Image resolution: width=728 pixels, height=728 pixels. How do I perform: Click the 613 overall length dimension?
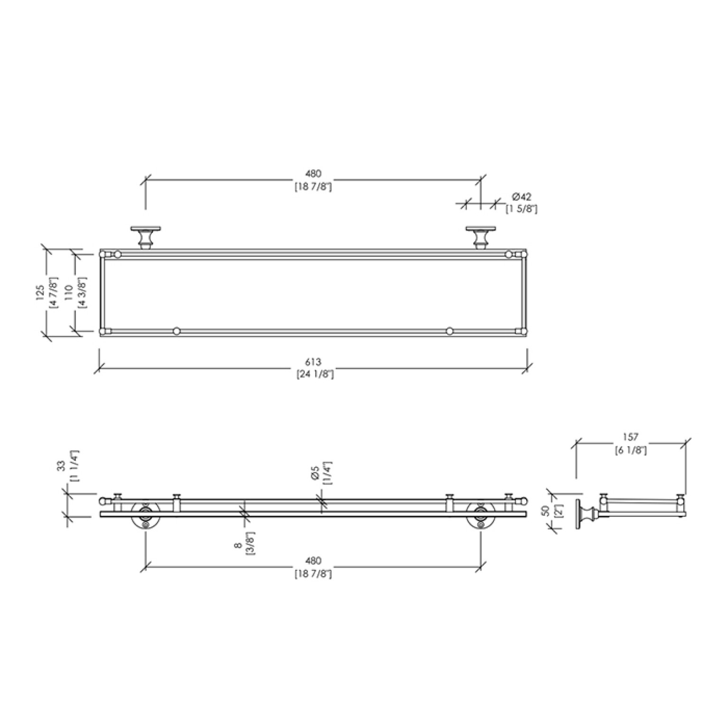(313, 363)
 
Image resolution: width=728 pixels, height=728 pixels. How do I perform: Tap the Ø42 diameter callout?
(521, 197)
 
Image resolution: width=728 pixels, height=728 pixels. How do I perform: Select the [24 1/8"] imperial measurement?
(313, 374)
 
